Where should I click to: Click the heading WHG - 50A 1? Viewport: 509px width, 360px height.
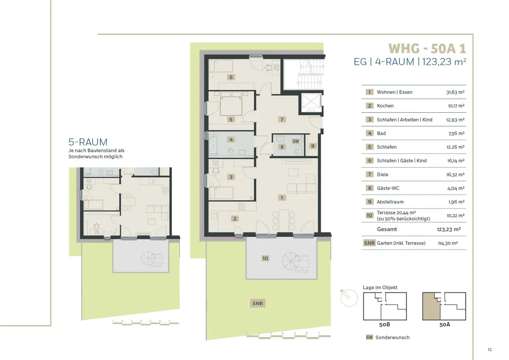coord(427,49)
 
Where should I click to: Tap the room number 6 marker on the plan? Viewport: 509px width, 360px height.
coord(231,77)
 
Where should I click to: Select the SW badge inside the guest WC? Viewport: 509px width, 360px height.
coord(295,141)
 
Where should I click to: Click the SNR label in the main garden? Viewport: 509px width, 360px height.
coord(258,303)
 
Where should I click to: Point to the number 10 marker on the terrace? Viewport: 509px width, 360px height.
coord(265,258)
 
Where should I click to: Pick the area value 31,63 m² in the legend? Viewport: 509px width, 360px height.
coord(455,92)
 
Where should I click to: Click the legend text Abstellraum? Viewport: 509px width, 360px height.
coord(390,202)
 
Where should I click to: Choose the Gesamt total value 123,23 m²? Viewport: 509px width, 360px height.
coord(449,229)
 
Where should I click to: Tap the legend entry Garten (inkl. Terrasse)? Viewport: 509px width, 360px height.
coord(401,243)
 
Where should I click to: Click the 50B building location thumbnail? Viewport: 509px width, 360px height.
coord(385,306)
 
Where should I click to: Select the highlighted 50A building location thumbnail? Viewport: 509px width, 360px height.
coord(444,306)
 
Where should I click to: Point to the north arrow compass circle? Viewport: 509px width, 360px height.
coord(349,298)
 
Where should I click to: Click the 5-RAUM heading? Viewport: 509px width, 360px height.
coord(88,142)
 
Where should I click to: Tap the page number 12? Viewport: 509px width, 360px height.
coord(490,349)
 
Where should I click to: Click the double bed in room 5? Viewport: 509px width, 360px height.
coord(231,104)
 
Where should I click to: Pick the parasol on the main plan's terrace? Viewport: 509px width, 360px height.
coord(291,261)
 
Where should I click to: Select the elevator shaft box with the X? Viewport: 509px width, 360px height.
coord(311,103)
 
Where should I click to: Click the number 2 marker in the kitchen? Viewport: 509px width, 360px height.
coord(235,219)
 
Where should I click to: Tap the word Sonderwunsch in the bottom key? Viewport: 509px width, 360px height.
coord(393,337)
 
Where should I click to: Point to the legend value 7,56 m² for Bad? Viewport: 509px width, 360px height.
coord(456,134)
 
